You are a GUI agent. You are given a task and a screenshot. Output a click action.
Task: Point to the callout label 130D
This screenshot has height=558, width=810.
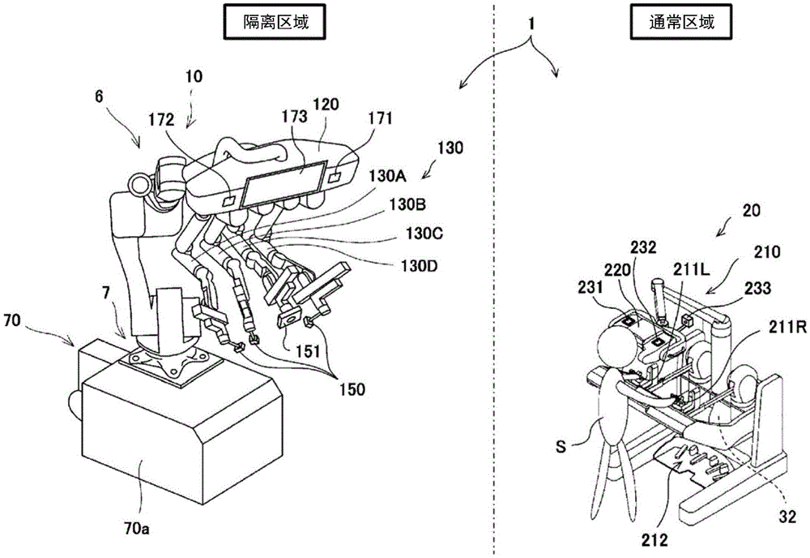click(413, 264)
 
